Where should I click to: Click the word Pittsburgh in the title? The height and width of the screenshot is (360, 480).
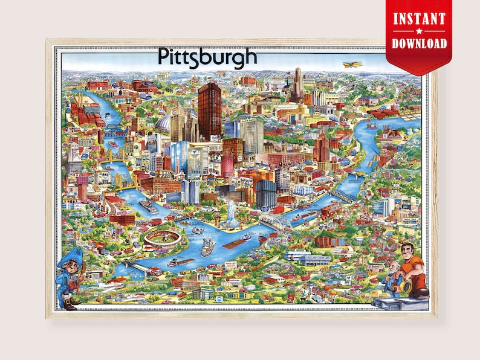207,56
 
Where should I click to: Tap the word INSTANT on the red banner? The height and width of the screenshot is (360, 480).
420,18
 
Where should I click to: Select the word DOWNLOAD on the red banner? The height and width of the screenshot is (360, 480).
420,43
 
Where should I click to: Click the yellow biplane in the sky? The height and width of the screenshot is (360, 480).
352,63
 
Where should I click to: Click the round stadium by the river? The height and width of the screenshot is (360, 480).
163,236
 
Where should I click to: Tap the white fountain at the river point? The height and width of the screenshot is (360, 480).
232,213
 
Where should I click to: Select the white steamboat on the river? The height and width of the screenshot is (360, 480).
208,246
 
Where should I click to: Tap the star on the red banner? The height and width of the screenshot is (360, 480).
420,31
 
